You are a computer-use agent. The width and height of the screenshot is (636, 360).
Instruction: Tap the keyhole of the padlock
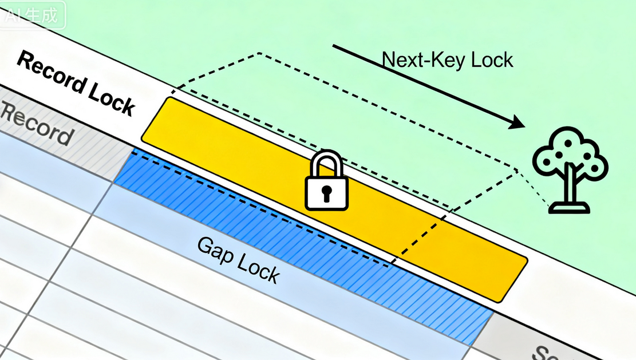coord(326,193)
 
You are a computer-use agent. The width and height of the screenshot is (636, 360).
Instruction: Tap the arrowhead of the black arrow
coord(516,122)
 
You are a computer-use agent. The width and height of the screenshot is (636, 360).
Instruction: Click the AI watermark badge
coord(32,15)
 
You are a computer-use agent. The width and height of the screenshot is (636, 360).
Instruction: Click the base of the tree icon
coord(569,208)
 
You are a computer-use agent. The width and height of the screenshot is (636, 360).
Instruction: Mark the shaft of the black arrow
coord(424,84)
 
